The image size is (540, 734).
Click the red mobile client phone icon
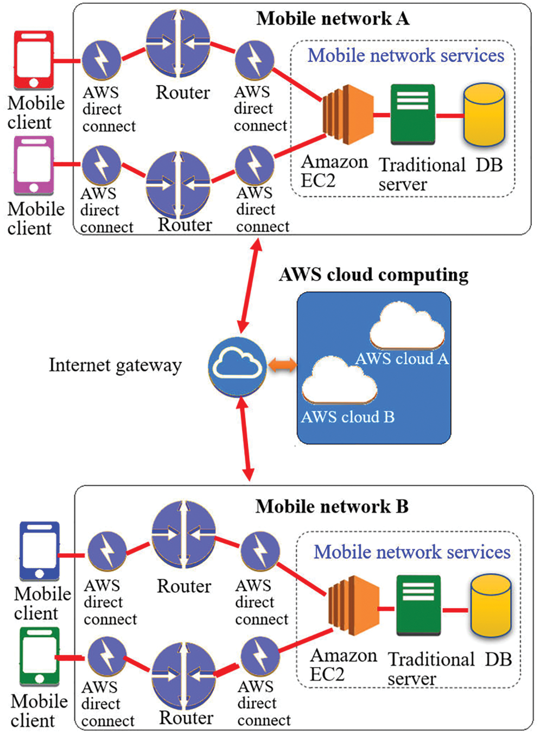[34, 60]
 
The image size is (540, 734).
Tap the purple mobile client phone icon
[34, 165]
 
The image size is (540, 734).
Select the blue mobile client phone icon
[39, 551]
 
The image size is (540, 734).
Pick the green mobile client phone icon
[39, 656]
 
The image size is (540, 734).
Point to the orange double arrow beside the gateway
[283, 365]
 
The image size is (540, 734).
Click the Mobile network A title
[333, 18]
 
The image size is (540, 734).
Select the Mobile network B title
[332, 506]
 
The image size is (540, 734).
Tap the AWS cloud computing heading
[373, 275]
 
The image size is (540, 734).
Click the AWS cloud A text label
[402, 359]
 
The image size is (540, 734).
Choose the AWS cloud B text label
[348, 417]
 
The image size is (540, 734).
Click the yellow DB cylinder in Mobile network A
[484, 115]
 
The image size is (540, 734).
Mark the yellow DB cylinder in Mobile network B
[491, 606]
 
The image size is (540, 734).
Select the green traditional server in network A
[412, 114]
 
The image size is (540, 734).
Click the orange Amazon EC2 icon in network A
[348, 114]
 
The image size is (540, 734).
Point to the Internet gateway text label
[115, 365]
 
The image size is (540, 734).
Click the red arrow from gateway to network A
[250, 285]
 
